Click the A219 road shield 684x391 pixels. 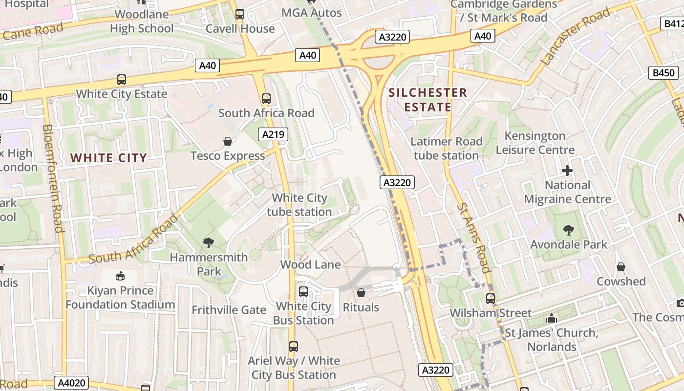(273, 134)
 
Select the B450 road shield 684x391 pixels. (664, 73)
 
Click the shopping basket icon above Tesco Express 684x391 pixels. (228, 142)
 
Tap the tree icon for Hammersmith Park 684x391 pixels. (209, 242)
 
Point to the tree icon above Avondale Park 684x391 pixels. (568, 230)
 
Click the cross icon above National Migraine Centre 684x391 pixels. (567, 171)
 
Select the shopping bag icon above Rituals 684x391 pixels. (361, 293)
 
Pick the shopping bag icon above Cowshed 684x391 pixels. (620, 267)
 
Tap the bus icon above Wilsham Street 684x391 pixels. (490, 298)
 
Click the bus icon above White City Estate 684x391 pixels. (122, 80)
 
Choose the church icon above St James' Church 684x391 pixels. (552, 318)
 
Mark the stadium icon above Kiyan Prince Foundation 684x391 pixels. (120, 276)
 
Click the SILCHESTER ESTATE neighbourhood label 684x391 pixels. (428, 100)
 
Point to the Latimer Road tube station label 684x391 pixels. (446, 149)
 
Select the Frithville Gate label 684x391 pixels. (229, 310)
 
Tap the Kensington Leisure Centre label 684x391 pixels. (535, 143)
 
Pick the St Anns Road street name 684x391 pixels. (473, 238)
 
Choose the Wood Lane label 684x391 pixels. (310, 264)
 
